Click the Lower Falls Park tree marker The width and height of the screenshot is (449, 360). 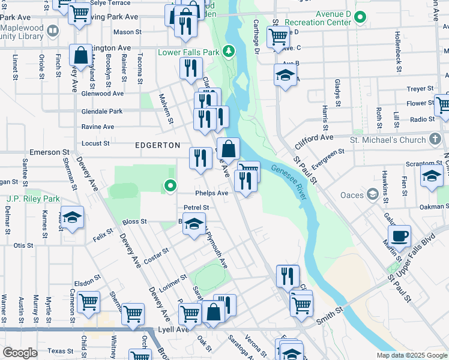228,52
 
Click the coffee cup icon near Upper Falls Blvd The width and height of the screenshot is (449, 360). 399,236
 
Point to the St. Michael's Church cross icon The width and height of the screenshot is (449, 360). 435,139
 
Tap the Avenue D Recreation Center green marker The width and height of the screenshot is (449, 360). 360,17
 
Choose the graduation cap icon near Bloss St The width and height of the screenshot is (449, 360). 193,225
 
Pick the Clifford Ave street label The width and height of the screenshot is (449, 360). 313,142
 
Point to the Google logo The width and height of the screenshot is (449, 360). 20,353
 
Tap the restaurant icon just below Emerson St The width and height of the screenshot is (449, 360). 200,158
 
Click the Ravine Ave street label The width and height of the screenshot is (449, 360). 97,127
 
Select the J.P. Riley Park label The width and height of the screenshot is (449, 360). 33,199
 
